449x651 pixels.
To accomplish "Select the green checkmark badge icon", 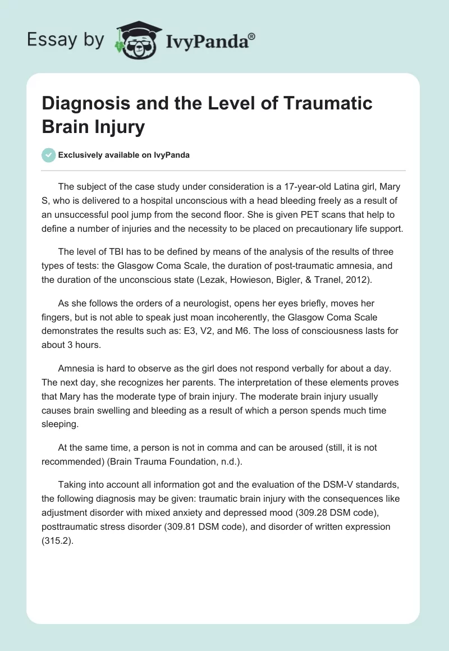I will coord(49,155).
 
